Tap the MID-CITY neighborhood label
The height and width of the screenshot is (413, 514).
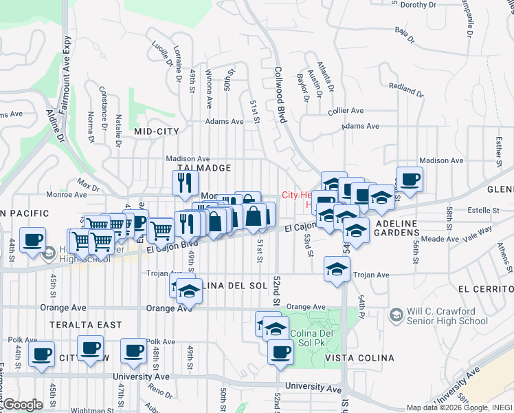point(157,131)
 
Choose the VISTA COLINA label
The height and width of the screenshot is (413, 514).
point(359,358)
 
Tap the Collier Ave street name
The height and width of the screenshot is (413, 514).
point(346,110)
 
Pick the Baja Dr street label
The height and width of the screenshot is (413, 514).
point(405,34)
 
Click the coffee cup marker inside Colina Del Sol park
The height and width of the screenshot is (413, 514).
point(280,352)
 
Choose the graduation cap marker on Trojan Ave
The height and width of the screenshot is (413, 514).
point(337,269)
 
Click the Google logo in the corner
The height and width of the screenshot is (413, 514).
point(22,405)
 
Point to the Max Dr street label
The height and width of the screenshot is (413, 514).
point(88,184)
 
